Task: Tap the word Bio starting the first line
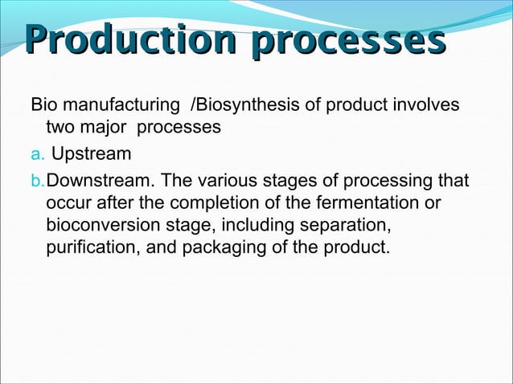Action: [43, 105]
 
